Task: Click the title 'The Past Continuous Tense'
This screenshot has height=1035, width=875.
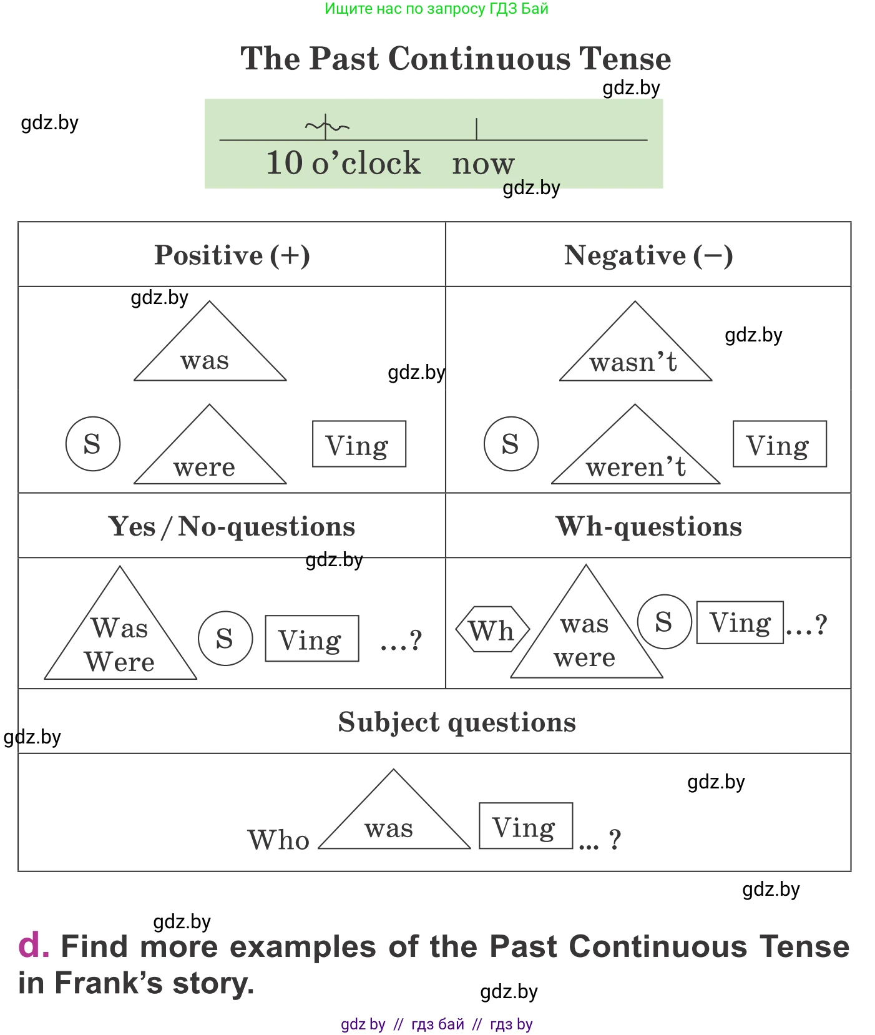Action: [456, 59]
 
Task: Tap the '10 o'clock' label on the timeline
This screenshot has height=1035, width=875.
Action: [343, 163]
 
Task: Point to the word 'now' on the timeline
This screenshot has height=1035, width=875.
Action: [483, 164]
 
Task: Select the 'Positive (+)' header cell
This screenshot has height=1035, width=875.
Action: [232, 255]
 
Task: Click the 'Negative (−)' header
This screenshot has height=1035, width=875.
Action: [648, 255]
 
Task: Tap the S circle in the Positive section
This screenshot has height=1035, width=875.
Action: [93, 444]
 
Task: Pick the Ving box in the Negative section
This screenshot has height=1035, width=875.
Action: [780, 444]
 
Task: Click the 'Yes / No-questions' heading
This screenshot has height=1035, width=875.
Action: [232, 526]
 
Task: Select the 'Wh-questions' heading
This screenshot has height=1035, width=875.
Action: [648, 526]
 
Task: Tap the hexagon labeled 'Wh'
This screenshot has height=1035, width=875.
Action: [492, 629]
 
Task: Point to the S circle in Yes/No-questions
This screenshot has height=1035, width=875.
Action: [225, 638]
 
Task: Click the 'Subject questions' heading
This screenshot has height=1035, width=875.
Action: [457, 722]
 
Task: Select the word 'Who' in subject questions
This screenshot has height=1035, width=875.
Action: [278, 840]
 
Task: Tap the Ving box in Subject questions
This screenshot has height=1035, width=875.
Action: [525, 826]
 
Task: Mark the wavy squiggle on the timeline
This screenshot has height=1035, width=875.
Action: [326, 127]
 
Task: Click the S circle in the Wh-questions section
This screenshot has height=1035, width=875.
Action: [664, 622]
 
